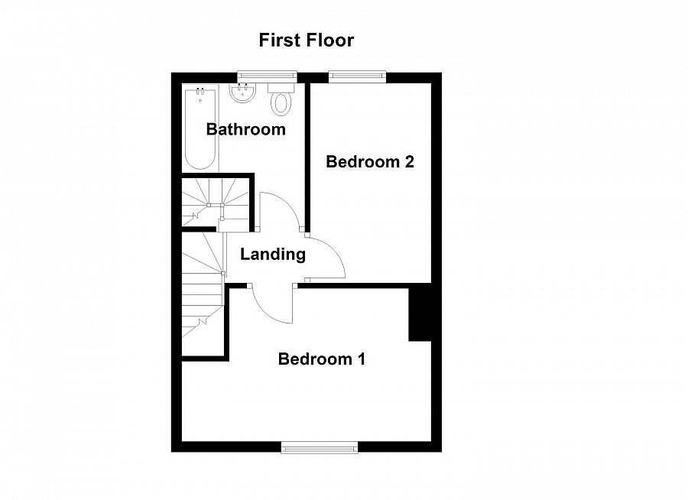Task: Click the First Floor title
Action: pyautogui.click(x=307, y=40)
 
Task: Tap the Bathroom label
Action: pyautogui.click(x=245, y=129)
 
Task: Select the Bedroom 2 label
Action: pyautogui.click(x=370, y=161)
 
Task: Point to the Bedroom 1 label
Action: pyautogui.click(x=322, y=359)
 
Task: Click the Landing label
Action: pyautogui.click(x=273, y=254)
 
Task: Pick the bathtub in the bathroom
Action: pyautogui.click(x=200, y=129)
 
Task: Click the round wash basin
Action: pyautogui.click(x=242, y=93)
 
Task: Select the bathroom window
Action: pyautogui.click(x=267, y=76)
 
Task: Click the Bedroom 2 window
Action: pyautogui.click(x=358, y=76)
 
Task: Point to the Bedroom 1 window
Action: pyautogui.click(x=320, y=447)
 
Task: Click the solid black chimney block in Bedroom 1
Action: pyautogui.click(x=420, y=312)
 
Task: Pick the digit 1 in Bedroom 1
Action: pyautogui.click(x=362, y=359)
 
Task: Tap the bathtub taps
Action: pyautogui.click(x=200, y=91)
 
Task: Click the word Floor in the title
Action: pyautogui.click(x=330, y=40)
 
